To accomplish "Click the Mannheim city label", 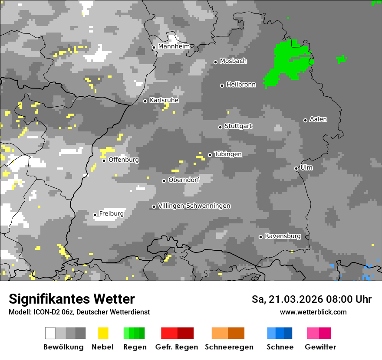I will point(174,46).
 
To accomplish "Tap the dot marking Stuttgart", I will point(220,127).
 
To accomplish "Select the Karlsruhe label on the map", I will point(164,101).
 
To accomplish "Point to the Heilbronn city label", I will point(241,85).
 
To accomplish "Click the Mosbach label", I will point(233,61).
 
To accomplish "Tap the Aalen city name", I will point(318,120).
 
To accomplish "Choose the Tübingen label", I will point(228,154).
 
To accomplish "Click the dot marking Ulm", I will point(296,168).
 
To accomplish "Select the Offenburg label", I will point(124,160).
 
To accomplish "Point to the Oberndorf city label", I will point(184,180).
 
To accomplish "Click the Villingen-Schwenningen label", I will point(194,206).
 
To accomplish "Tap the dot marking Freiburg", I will point(95,215).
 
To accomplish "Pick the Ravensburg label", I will point(283,236).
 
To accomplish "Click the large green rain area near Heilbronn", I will point(289,63).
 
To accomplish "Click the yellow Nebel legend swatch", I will point(103,333).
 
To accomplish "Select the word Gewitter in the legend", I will point(320,347).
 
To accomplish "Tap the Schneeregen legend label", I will point(229,347).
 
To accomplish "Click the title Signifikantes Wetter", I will point(72,299).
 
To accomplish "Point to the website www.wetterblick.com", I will point(313,312).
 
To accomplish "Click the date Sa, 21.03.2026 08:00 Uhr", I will point(311,299).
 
